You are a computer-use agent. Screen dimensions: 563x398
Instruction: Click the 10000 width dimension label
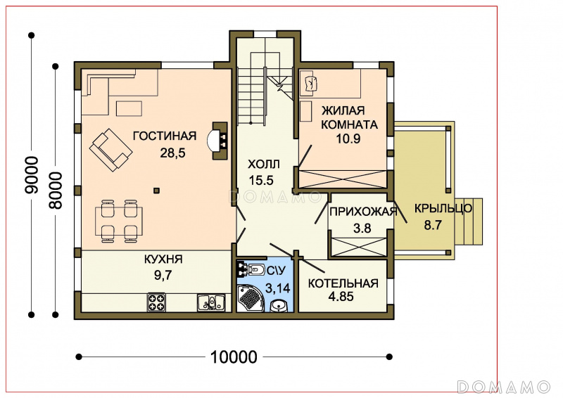point(234,357)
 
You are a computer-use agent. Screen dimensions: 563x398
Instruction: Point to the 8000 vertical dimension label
point(56,191)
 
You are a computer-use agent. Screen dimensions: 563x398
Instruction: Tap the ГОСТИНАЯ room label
point(165,136)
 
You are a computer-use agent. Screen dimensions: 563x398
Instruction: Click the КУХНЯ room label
point(163,259)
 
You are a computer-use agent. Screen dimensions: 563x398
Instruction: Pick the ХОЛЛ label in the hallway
point(263,165)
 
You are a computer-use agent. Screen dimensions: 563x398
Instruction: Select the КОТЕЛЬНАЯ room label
point(343,283)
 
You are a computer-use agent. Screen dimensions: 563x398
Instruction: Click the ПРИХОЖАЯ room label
point(363,212)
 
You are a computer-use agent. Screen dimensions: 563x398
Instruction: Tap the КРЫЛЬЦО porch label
point(443,209)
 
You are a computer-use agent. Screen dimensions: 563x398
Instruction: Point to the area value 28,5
point(172,153)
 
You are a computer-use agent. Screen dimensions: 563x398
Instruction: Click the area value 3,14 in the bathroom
point(277,288)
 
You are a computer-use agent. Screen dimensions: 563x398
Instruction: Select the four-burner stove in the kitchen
point(156,302)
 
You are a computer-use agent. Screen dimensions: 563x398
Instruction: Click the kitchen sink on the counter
point(210,302)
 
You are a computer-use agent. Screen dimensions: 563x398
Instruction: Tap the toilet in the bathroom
point(255,269)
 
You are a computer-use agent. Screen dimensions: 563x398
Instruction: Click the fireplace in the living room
point(218,141)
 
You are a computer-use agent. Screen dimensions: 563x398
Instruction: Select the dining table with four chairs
point(119,221)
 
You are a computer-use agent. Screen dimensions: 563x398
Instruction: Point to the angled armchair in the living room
point(110,150)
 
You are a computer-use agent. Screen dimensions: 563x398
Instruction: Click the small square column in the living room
point(156,191)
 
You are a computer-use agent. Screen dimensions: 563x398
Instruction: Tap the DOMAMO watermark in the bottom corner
point(504,387)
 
